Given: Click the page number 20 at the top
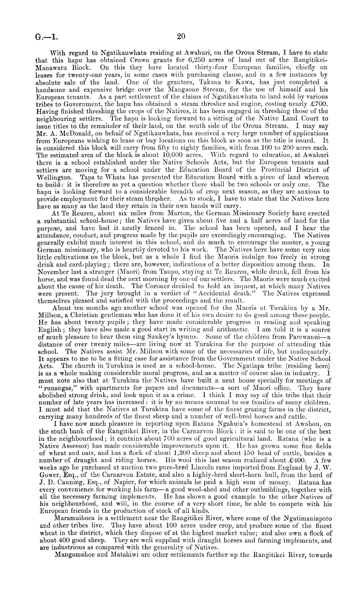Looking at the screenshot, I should pos(181,36).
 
